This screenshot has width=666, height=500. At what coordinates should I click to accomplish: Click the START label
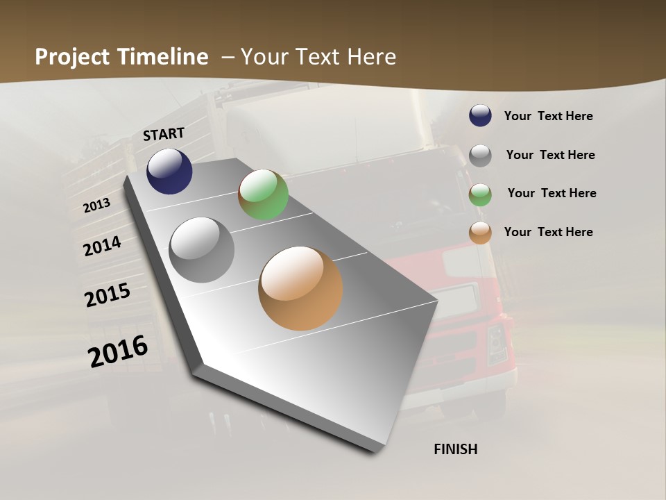[164, 134]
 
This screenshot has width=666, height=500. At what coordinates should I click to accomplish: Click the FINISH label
[456, 449]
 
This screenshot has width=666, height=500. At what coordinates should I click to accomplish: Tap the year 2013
[96, 205]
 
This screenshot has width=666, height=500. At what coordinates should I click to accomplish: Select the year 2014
[102, 246]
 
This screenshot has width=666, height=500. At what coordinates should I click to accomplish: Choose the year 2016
[118, 351]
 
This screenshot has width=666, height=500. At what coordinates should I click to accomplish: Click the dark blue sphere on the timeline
[169, 172]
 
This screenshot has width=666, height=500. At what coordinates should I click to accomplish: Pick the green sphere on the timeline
[263, 194]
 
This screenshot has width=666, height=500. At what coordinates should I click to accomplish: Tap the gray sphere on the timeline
[202, 250]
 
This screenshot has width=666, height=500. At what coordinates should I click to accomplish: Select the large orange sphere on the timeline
[300, 288]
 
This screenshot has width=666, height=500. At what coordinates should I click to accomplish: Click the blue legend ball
[480, 116]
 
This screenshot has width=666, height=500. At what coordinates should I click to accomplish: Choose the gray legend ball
[480, 156]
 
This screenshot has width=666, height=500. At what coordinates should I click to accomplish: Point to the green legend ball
[480, 194]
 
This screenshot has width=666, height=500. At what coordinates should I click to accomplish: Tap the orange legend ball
[480, 233]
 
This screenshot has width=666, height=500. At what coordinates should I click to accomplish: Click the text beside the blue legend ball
[548, 117]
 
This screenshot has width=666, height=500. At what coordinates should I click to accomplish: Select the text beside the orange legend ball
[548, 232]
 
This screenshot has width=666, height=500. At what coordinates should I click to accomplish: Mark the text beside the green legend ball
[552, 193]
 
